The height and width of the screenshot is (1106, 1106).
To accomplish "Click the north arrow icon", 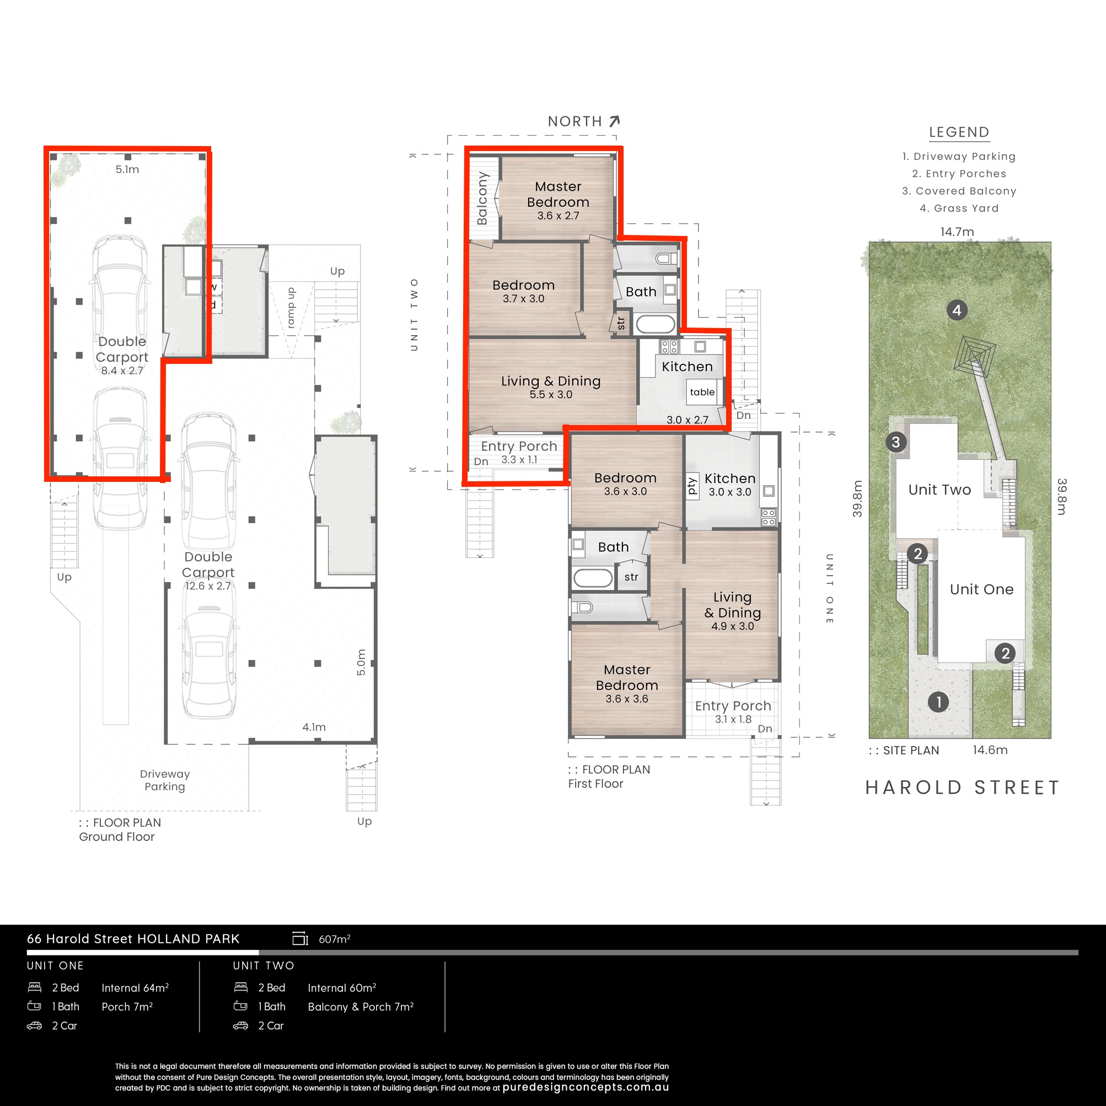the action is pyautogui.click(x=614, y=121).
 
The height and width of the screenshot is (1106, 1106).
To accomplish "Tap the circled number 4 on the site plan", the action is pyautogui.click(x=957, y=310).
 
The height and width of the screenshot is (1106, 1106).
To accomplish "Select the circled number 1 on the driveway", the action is pyautogui.click(x=938, y=702).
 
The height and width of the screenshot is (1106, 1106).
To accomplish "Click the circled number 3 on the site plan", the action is pyautogui.click(x=896, y=442).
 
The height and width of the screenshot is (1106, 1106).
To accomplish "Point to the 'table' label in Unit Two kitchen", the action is pyautogui.click(x=702, y=392).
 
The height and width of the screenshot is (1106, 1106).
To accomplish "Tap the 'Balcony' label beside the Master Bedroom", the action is pyautogui.click(x=482, y=198).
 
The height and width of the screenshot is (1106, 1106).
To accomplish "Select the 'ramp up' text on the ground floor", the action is pyautogui.click(x=291, y=308).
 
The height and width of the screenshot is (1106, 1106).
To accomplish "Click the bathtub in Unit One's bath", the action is pyautogui.click(x=593, y=578).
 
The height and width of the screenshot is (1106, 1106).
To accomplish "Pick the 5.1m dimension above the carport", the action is pyautogui.click(x=127, y=169).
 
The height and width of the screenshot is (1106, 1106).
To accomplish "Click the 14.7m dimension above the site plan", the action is pyautogui.click(x=957, y=232).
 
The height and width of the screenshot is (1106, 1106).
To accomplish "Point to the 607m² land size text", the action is pyautogui.click(x=334, y=939).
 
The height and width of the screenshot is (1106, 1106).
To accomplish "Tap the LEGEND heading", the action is pyautogui.click(x=959, y=132).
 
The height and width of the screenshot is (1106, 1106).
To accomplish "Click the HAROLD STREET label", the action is pyautogui.click(x=962, y=788).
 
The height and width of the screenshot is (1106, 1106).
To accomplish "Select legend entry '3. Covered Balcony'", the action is pyautogui.click(x=959, y=191).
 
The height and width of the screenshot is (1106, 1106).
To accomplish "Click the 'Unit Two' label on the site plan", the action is pyautogui.click(x=939, y=490).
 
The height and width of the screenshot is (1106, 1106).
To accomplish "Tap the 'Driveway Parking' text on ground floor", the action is pyautogui.click(x=165, y=780).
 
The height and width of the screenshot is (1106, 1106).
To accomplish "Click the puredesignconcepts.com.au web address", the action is pyautogui.click(x=586, y=1088).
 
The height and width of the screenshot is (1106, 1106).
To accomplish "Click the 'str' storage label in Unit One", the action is pyautogui.click(x=631, y=577).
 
